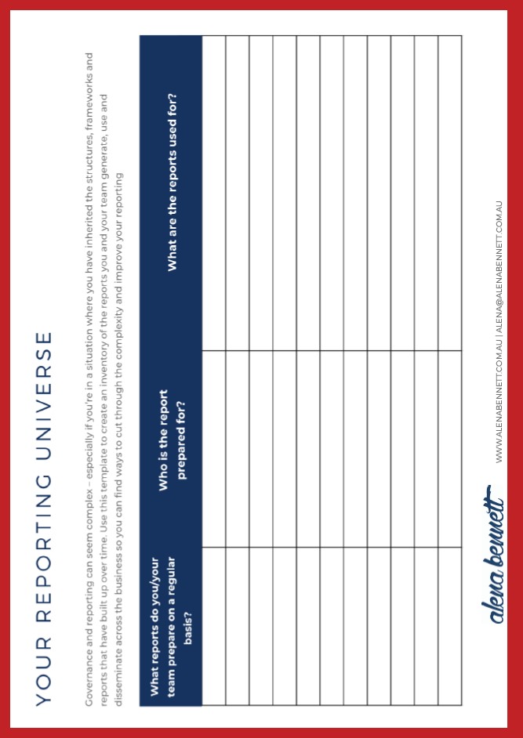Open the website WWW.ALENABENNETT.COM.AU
point(498,407)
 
